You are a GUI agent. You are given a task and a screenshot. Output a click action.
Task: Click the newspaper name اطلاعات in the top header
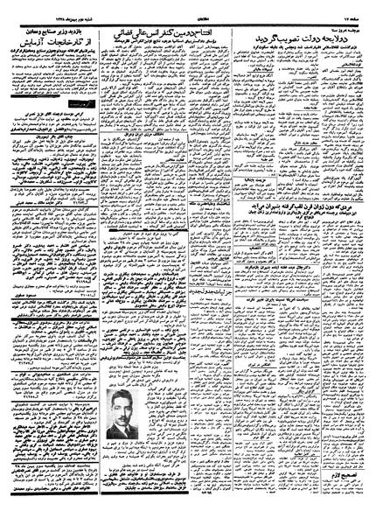click(x=187, y=15)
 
